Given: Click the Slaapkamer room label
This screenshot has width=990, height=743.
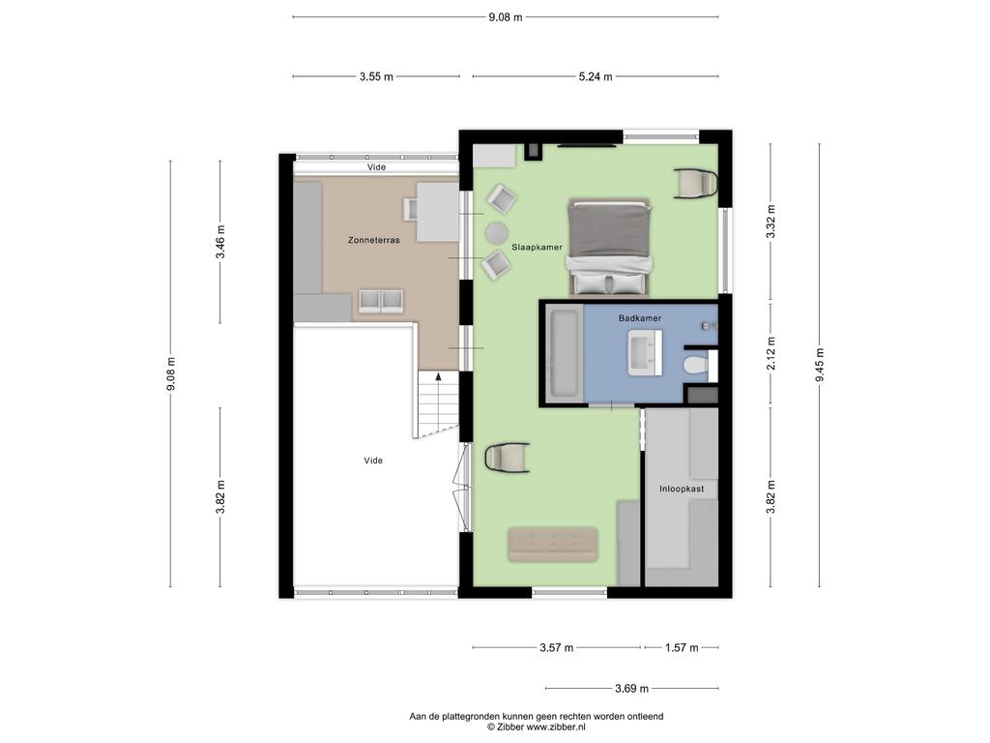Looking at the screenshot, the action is pyautogui.click(x=537, y=247).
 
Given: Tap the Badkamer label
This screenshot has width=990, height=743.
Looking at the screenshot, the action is pyautogui.click(x=640, y=317).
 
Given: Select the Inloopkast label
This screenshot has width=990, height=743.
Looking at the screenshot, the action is pyautogui.click(x=682, y=489).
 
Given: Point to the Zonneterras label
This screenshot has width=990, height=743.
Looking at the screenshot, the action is pyautogui.click(x=374, y=240).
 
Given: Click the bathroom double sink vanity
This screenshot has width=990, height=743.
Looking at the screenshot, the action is pyautogui.click(x=645, y=354).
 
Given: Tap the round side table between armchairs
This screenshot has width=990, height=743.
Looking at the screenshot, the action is pyautogui.click(x=497, y=233).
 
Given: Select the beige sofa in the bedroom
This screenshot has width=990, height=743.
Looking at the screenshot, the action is pyautogui.click(x=552, y=544).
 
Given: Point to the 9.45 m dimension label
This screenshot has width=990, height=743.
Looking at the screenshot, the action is pyautogui.click(x=820, y=365).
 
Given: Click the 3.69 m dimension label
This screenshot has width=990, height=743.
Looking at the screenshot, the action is pyautogui.click(x=631, y=688).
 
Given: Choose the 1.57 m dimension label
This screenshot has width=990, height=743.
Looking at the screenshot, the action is pyautogui.click(x=682, y=647).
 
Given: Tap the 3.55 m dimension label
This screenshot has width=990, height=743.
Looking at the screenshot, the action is pyautogui.click(x=376, y=76).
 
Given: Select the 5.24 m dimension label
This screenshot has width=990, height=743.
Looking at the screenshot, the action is pyautogui.click(x=596, y=76).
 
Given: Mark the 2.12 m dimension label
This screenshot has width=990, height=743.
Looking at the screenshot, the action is pyautogui.click(x=771, y=354).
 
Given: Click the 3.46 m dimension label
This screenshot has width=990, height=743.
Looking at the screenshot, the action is pyautogui.click(x=219, y=242).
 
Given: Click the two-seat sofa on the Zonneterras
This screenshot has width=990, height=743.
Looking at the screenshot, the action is pyautogui.click(x=381, y=302).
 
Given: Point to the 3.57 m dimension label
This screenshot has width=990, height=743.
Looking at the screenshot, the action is pyautogui.click(x=556, y=647).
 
